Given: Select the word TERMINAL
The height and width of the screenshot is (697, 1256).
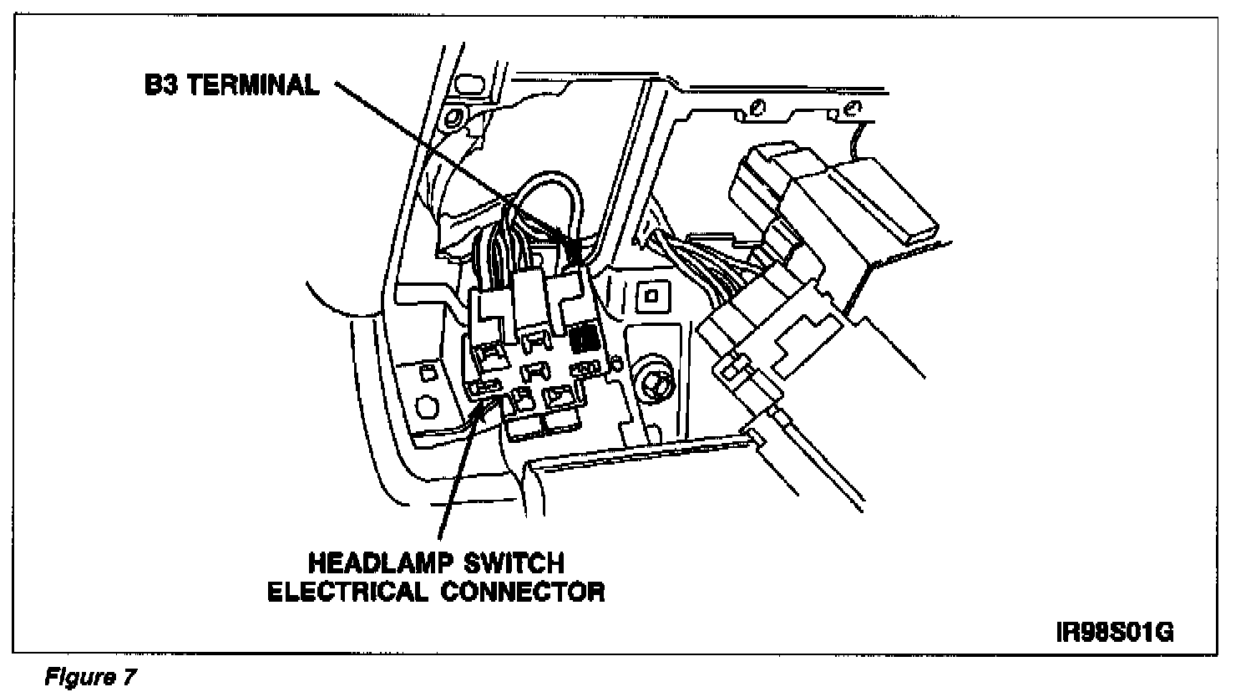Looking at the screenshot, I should (252, 86).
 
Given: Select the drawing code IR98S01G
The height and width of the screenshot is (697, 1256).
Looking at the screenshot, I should (1115, 631).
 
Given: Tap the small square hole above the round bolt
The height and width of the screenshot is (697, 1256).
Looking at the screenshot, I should (651, 295).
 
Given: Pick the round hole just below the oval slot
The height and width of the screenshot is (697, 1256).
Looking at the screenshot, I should (456, 116).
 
